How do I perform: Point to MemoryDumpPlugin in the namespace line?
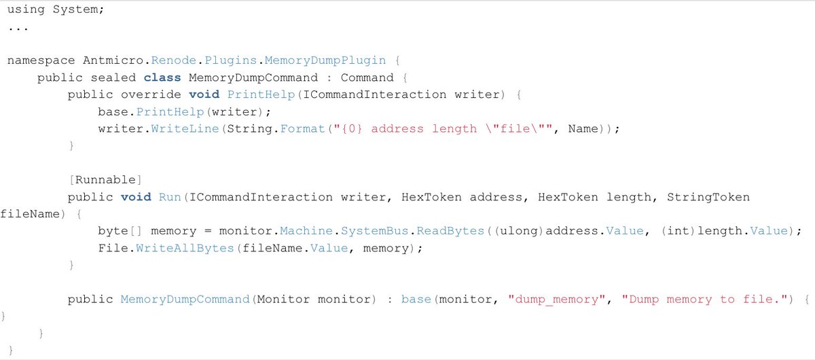[325, 60]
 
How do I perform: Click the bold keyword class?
[162, 77]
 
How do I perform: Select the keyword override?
[151, 94]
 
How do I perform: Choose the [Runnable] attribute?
[105, 180]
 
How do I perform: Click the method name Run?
[170, 197]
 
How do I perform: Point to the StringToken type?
[708, 197]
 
